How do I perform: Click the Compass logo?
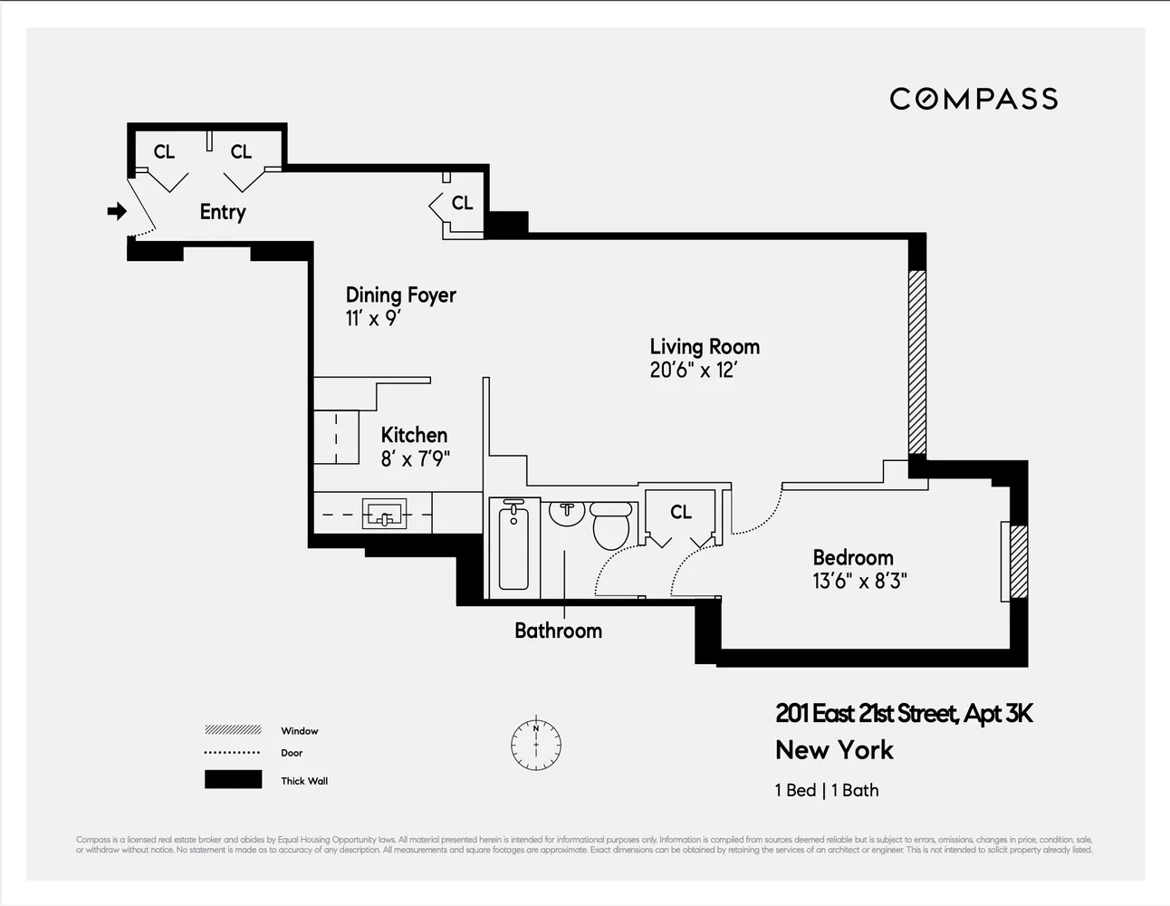pos(973,99)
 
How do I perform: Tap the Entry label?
pos(223,212)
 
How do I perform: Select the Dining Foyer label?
pos(400,295)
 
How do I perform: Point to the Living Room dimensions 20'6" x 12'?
pos(693,371)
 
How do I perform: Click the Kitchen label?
pos(414,435)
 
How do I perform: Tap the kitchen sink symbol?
pos(384,515)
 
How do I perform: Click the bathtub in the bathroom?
pos(513,547)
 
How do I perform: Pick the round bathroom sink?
pos(567,512)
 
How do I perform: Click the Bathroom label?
pos(558,631)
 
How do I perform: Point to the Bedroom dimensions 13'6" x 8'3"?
pos(859,582)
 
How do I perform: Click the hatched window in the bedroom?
pos(1019,561)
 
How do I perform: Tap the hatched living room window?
pos(917,361)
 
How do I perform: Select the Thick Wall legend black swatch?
pos(233,780)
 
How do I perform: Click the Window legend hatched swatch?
pos(233,730)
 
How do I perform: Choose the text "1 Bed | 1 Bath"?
pos(826,790)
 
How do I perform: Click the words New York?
pos(834,750)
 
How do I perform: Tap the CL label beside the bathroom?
pos(681,513)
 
